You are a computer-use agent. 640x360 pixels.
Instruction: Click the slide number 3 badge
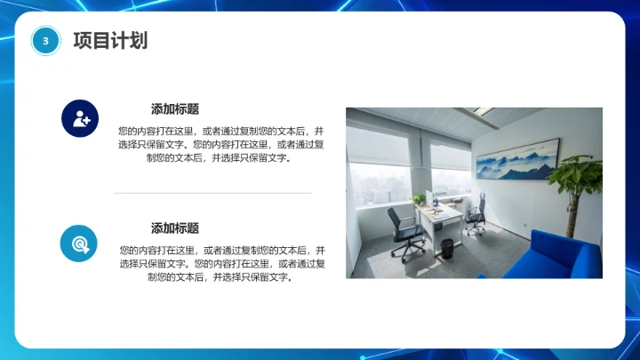tap(45, 40)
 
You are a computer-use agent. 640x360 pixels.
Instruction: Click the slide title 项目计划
tap(109, 41)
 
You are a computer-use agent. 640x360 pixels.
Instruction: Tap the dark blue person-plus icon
tap(79, 118)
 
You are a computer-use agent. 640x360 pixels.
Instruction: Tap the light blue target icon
tap(79, 243)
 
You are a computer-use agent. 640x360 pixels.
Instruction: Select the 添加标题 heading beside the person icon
tap(175, 109)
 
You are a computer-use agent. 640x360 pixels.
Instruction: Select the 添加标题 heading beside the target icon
tap(175, 228)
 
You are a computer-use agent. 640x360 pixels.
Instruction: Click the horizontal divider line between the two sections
tap(213, 192)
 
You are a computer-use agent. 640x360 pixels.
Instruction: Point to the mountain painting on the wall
tap(518, 158)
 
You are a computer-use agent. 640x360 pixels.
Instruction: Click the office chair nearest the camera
tap(406, 233)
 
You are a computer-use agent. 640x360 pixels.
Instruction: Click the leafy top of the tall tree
tap(576, 171)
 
